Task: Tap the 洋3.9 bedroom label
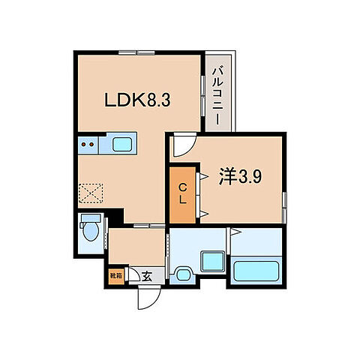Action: click(240, 177)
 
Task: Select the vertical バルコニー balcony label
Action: click(217, 94)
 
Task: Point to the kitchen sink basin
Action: click(120, 142)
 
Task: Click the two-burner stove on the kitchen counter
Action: click(87, 142)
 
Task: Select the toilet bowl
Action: click(90, 231)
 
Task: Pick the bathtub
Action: click(256, 271)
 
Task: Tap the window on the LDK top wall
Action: click(136, 52)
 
